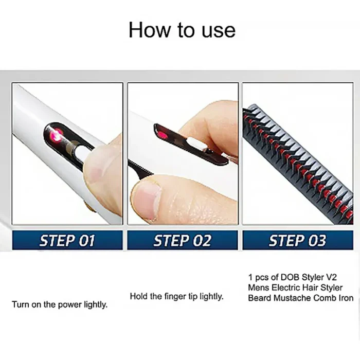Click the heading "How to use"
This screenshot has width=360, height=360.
[182, 29]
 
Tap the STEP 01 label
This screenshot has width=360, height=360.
[67, 241]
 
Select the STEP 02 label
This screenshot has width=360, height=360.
[183, 241]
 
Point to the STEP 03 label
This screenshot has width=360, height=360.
[297, 241]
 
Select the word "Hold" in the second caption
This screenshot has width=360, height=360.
[139, 296]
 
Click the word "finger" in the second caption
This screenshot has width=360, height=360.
[176, 296]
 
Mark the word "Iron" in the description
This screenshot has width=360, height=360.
[345, 298]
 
